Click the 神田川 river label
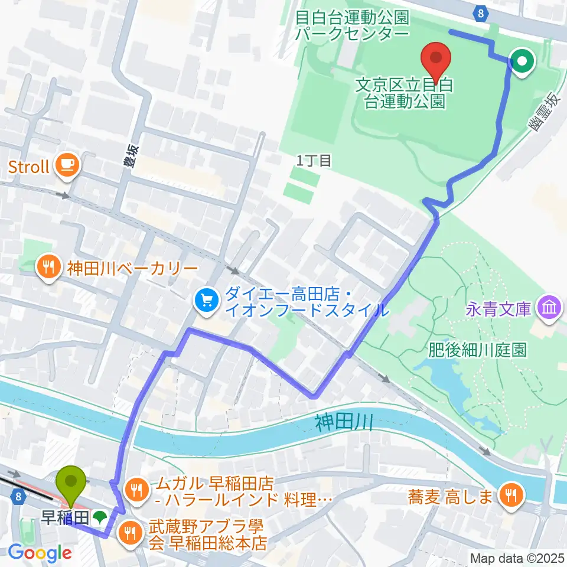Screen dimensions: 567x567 (343, 423)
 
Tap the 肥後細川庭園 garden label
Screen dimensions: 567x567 (477, 351)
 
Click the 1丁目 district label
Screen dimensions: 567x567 (314, 161)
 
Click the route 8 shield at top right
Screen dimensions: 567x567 (482, 13)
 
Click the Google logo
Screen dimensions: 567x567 (40, 553)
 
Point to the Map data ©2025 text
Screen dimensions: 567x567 (517, 558)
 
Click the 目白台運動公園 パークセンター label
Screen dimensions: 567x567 (352, 25)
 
